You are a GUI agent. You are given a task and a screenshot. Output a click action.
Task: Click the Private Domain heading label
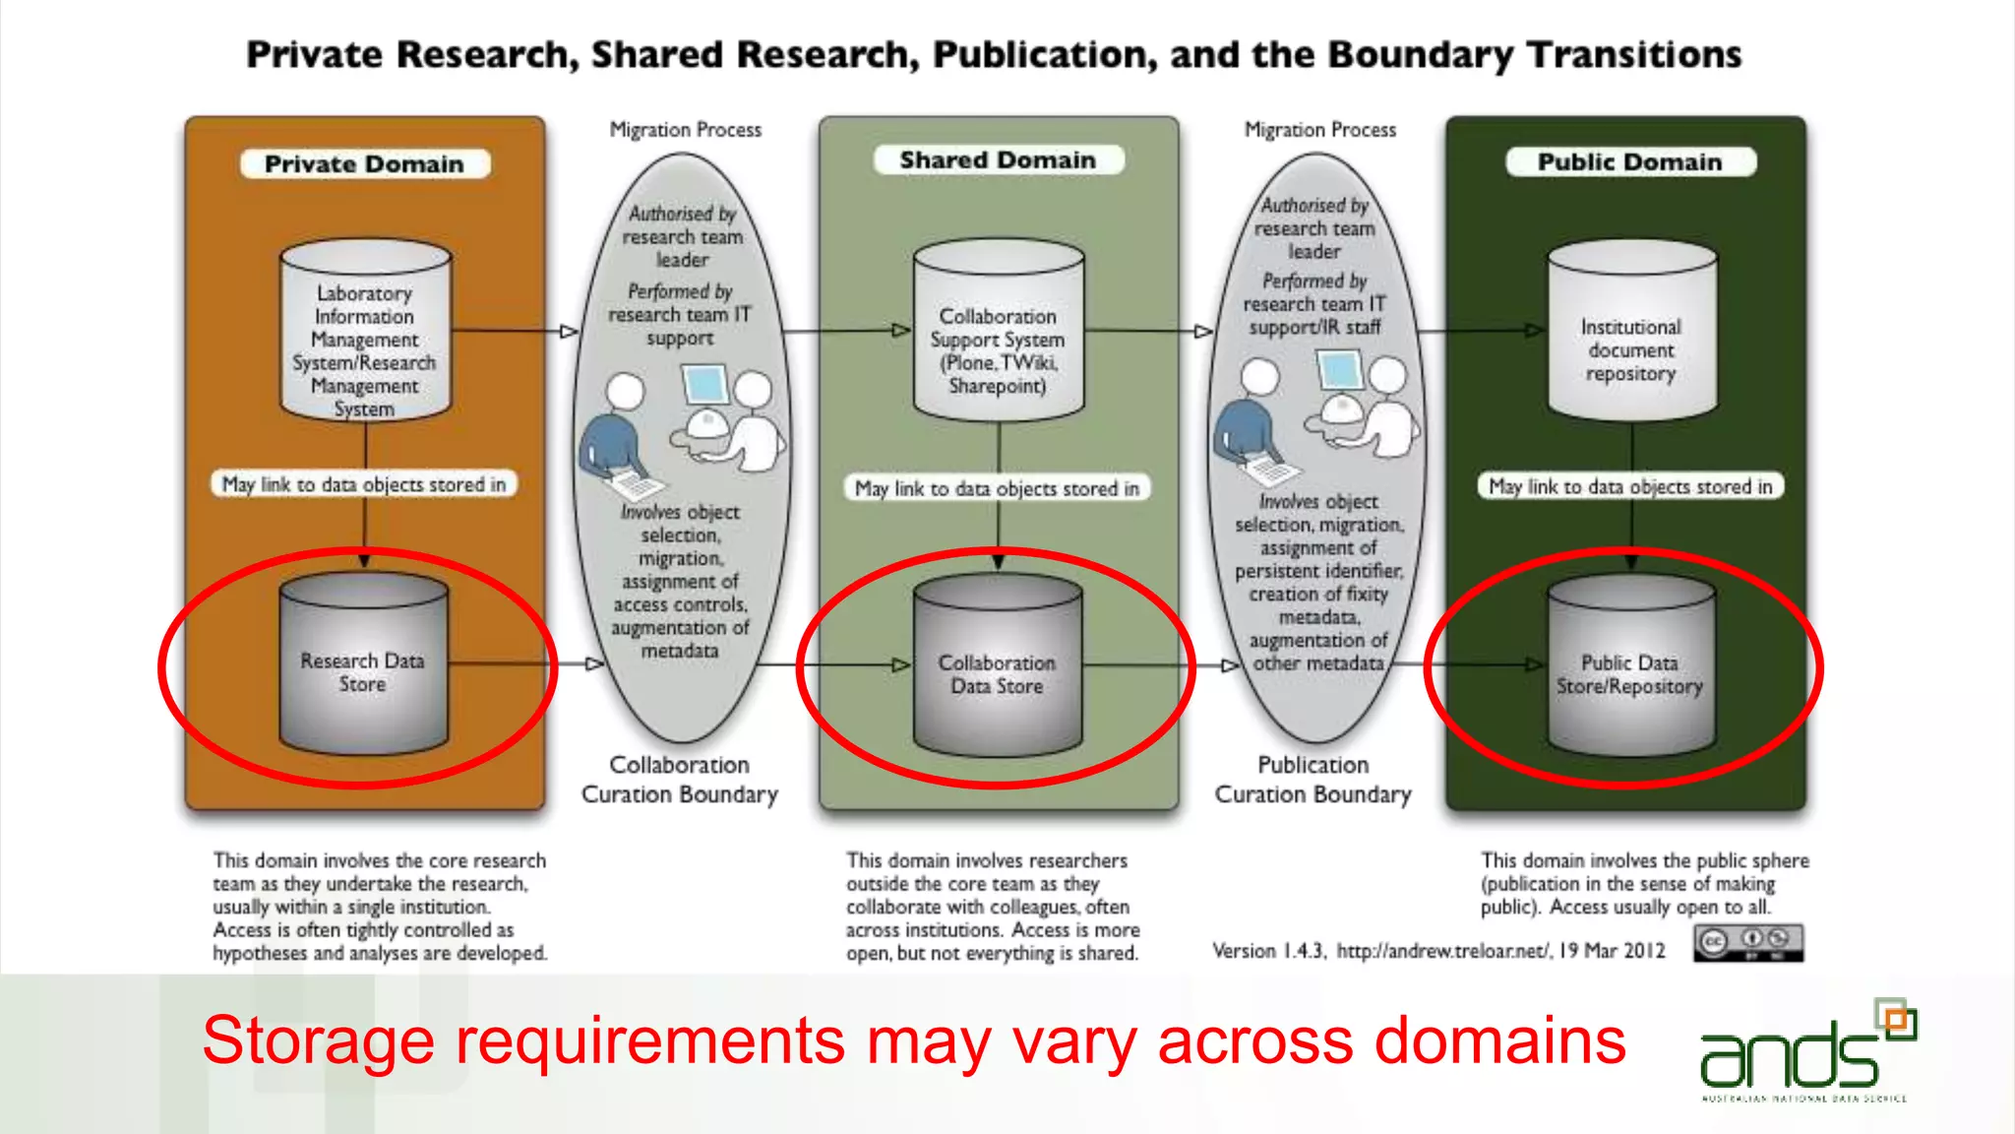(x=364, y=163)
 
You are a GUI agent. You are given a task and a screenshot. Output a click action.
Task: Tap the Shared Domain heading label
(x=998, y=159)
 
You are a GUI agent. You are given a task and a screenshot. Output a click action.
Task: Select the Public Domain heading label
(x=1629, y=161)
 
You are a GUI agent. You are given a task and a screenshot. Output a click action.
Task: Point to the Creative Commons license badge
(x=1747, y=942)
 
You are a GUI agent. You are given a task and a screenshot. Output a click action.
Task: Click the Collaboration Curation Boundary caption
(x=679, y=780)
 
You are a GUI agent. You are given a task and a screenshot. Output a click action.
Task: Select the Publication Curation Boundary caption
(x=1313, y=780)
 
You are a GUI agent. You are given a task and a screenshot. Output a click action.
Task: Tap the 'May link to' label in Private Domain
(x=364, y=484)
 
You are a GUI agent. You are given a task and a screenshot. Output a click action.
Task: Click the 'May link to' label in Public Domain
(x=1630, y=486)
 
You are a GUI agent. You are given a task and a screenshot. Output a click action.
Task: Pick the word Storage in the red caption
(x=318, y=1041)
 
